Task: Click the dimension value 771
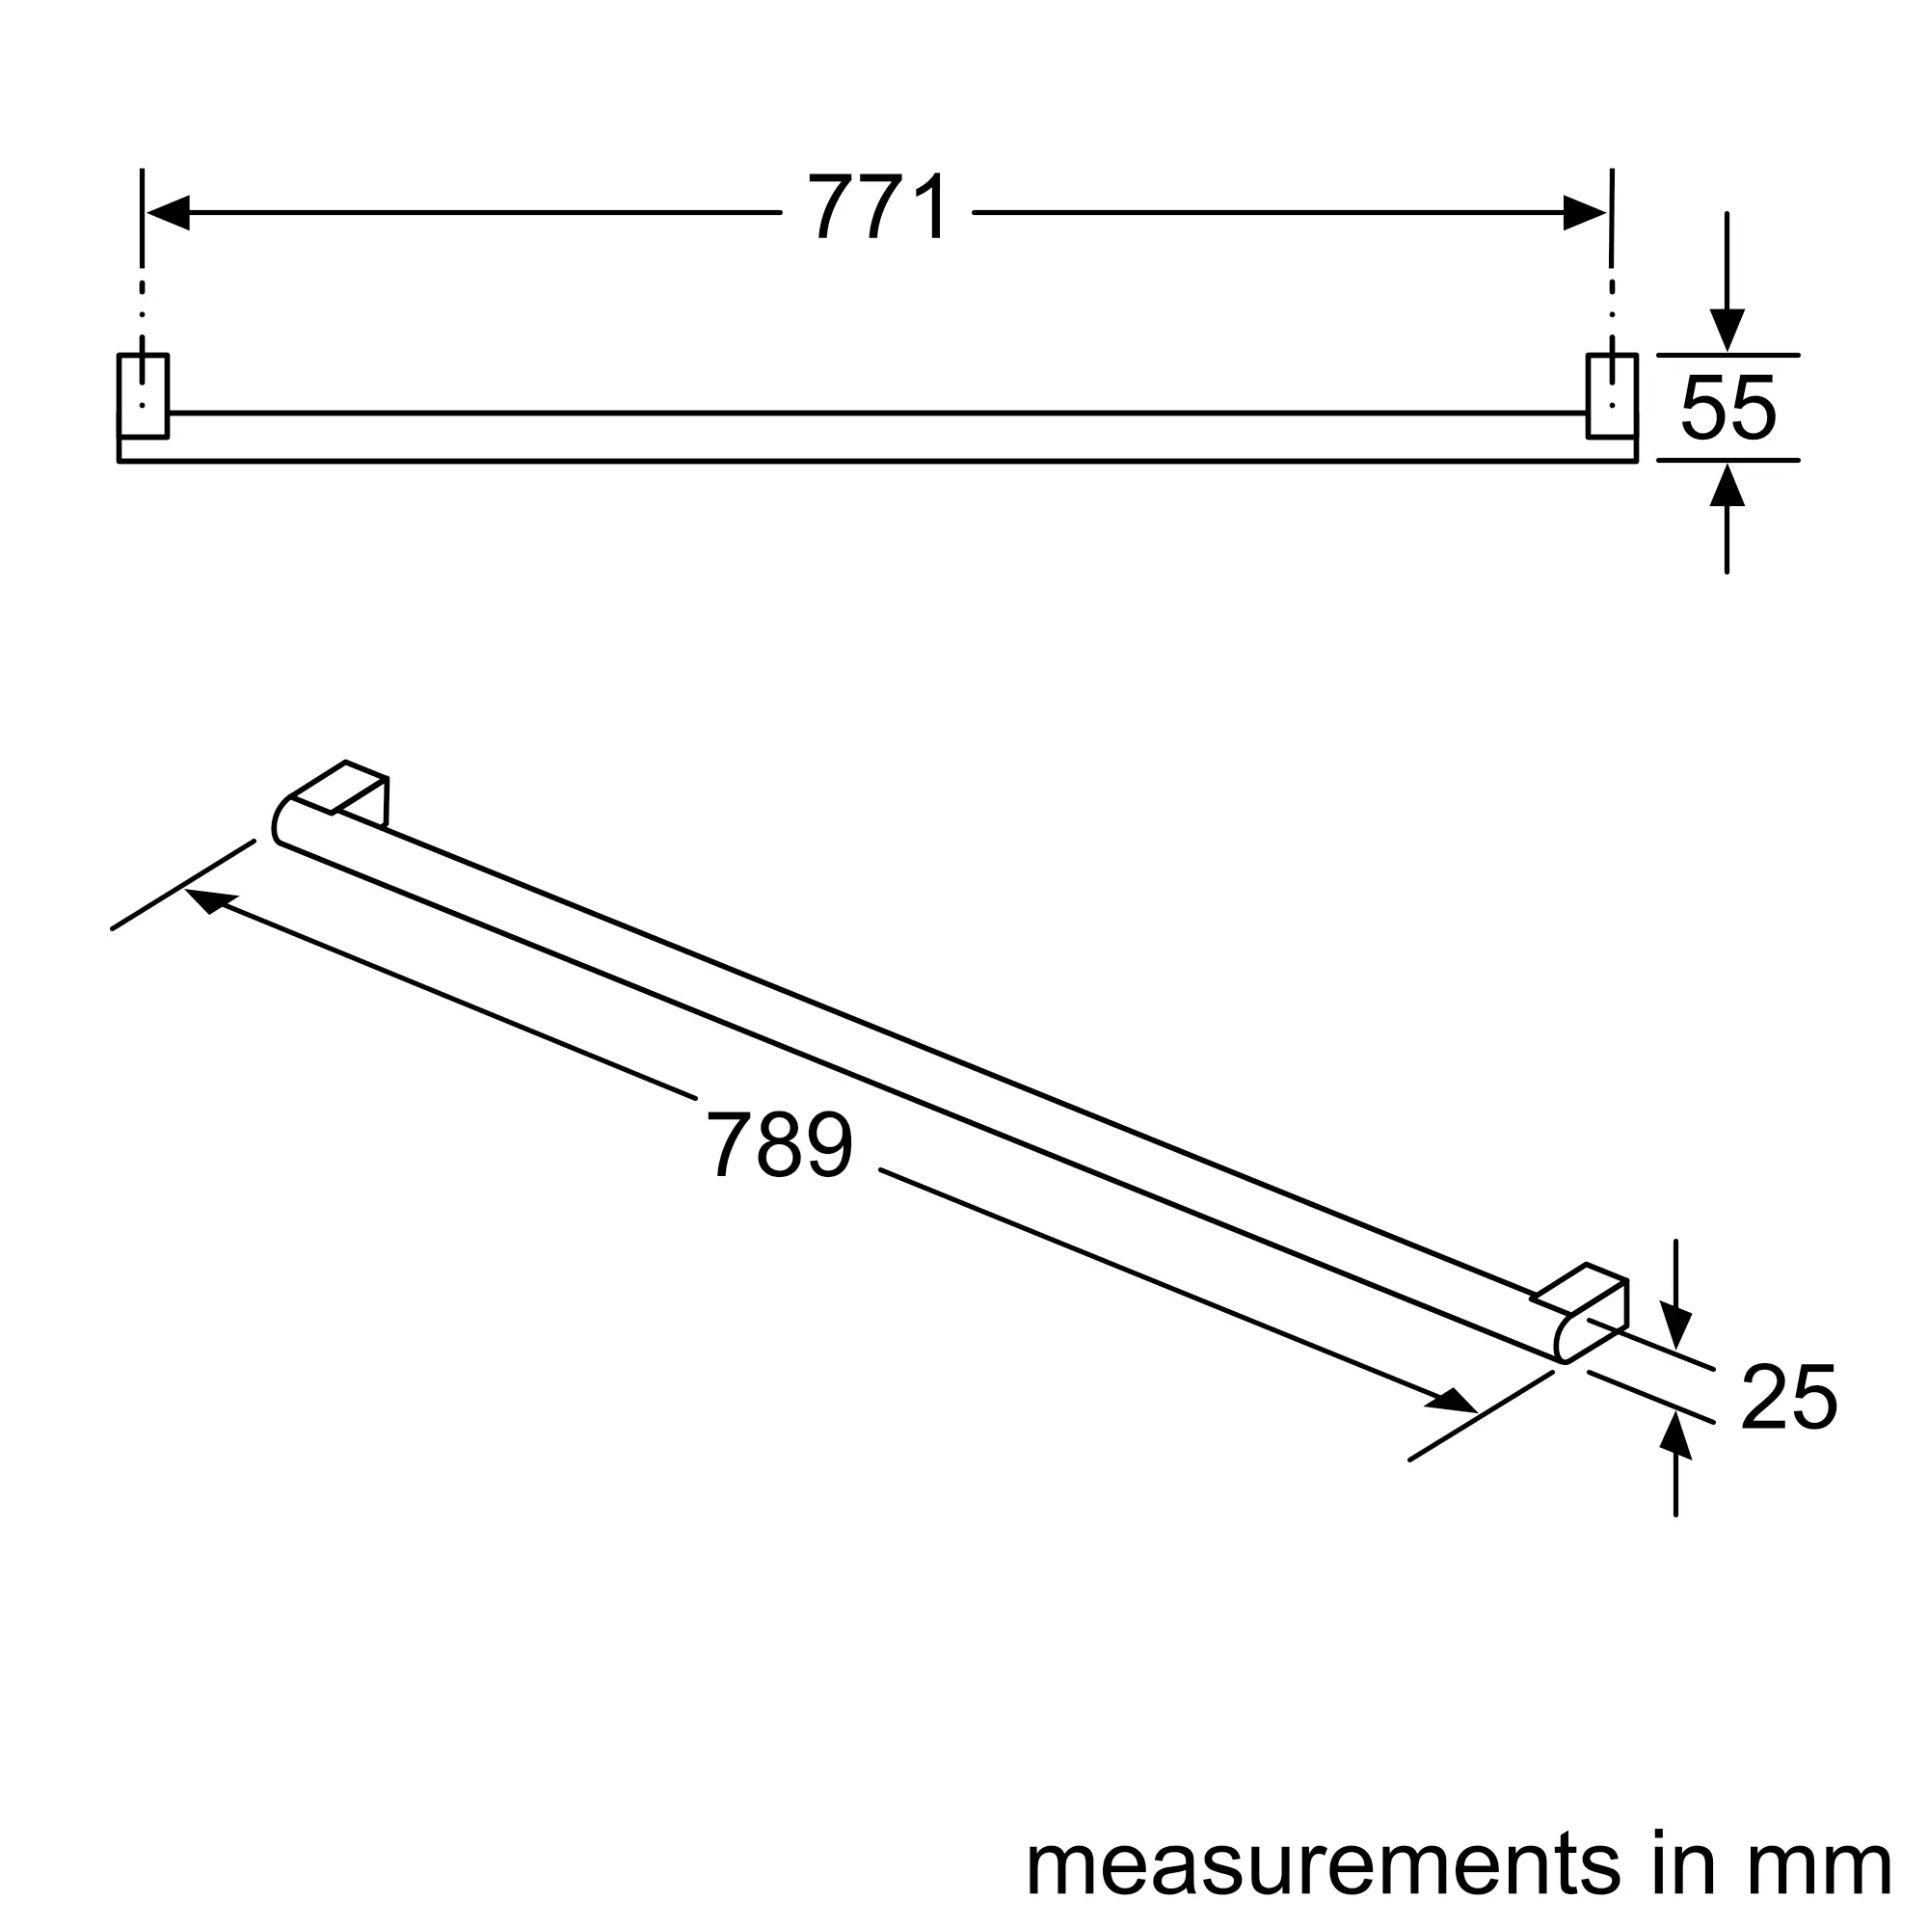[877, 206]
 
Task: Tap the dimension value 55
[1727, 407]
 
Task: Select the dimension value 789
[779, 1143]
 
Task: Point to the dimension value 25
[1788, 1397]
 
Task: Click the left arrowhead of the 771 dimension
[169, 212]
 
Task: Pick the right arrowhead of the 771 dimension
[1585, 212]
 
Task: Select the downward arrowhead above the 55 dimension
[1727, 331]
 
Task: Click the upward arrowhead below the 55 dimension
[1727, 485]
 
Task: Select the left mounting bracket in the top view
[143, 395]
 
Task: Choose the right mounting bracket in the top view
[1612, 395]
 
